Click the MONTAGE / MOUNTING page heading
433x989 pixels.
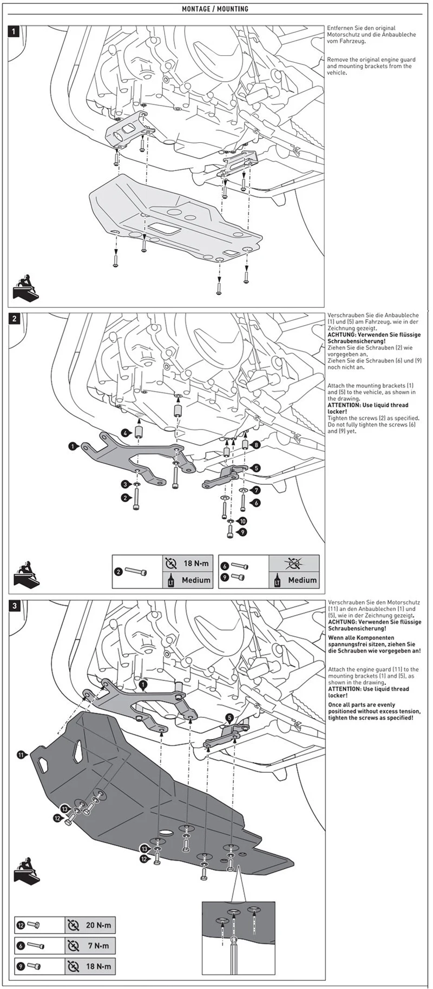pos(215,9)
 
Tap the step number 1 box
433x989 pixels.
pos(15,31)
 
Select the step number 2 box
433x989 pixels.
pos(15,319)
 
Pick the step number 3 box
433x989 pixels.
pos(15,605)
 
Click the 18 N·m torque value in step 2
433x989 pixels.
pos(196,563)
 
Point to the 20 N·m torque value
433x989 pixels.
pos(98,925)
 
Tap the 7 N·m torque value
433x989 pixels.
pos(98,946)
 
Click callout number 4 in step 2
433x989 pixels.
pos(126,433)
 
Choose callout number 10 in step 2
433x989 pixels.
pos(243,521)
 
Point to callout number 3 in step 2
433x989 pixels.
pos(126,484)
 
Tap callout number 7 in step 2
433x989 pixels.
pos(257,490)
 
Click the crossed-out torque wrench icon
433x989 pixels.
pos(294,563)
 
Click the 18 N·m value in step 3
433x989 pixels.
pos(98,966)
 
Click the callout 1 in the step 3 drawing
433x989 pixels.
pos(142,684)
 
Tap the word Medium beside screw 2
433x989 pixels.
pos(196,580)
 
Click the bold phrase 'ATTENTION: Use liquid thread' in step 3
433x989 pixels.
pos(368,689)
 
